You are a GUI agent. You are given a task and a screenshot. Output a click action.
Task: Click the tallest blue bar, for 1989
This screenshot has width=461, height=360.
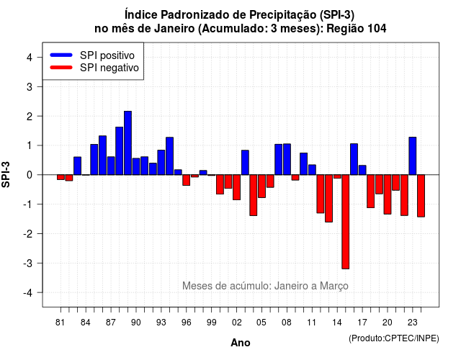click(127, 143)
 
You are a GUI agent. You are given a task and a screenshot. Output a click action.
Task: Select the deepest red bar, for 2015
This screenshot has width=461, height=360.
click(346, 222)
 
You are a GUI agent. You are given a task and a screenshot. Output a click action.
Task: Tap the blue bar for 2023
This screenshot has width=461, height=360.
click(413, 156)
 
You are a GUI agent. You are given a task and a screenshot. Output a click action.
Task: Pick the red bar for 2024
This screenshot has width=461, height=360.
click(421, 196)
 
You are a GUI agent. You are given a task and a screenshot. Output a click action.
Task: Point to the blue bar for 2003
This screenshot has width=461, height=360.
click(245, 163)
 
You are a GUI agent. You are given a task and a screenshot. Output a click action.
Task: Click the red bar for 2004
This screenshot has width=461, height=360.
click(254, 195)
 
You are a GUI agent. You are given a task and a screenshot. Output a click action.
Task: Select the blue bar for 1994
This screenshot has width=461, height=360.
click(170, 156)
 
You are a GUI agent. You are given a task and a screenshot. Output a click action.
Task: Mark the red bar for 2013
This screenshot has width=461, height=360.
click(328, 199)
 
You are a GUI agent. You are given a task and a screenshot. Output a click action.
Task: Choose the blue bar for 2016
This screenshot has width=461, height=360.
click(354, 159)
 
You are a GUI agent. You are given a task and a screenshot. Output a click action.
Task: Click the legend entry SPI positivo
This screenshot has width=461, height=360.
click(107, 55)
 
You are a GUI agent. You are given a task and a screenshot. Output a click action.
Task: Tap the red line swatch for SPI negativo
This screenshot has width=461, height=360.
click(61, 68)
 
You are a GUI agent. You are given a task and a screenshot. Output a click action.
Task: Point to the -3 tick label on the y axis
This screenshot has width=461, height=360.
click(28, 263)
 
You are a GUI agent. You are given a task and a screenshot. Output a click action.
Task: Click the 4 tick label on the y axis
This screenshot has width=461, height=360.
click(30, 57)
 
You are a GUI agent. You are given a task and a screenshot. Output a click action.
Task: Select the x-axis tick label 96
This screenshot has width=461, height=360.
click(186, 323)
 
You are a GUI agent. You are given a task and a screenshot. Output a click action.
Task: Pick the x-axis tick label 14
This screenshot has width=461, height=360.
click(337, 323)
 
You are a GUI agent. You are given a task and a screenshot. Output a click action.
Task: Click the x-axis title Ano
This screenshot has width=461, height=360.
click(241, 343)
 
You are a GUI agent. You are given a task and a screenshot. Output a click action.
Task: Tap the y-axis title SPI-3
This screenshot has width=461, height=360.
click(6, 174)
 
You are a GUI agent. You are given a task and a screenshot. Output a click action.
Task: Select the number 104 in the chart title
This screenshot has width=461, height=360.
click(377, 29)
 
